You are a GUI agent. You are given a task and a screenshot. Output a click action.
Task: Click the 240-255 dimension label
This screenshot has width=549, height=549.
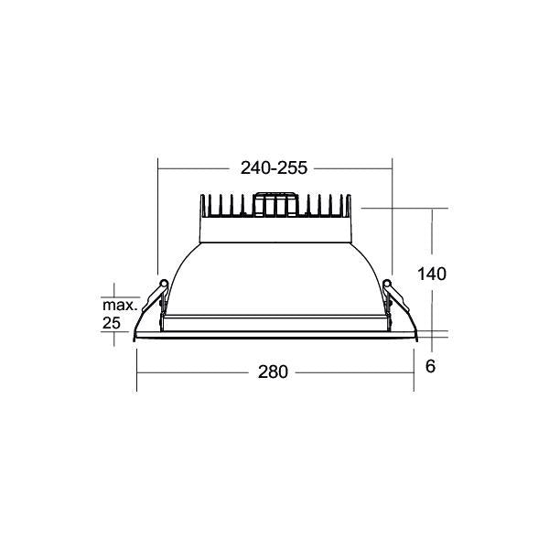point(274,168)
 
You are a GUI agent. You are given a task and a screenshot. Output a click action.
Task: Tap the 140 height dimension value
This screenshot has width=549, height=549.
point(432,274)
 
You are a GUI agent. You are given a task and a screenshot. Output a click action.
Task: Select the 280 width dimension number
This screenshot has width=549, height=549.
point(273,371)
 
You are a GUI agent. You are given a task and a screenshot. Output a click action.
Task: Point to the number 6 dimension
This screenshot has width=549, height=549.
point(430,366)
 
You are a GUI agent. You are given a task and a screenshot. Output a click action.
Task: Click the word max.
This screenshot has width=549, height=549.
point(120,306)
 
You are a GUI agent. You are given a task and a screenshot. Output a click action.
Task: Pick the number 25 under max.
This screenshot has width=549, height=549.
point(112,323)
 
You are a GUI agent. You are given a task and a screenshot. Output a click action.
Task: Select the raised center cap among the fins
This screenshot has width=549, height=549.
point(275,204)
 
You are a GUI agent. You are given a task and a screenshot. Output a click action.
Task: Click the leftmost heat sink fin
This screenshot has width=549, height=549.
point(202,205)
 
